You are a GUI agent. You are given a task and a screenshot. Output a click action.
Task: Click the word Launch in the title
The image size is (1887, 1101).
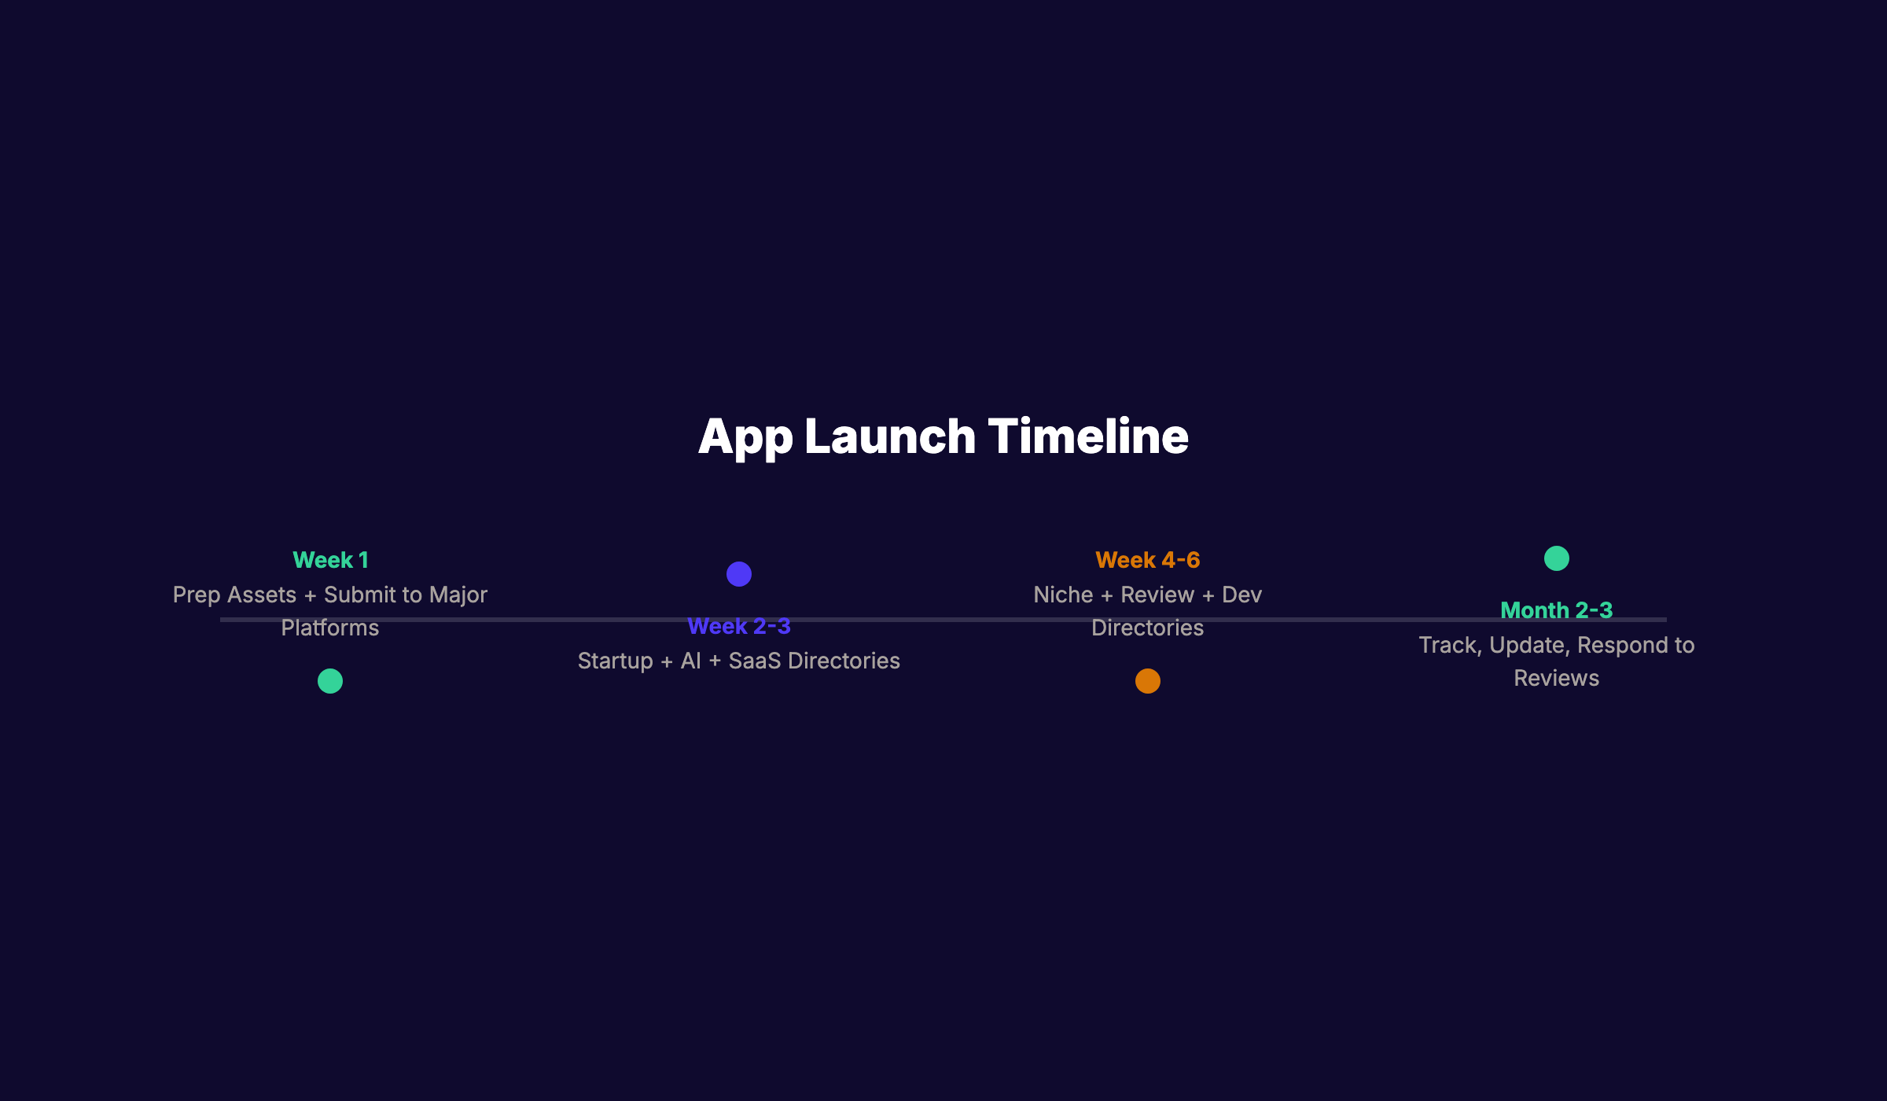pos(889,436)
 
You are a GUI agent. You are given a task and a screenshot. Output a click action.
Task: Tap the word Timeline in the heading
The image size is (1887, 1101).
pos(1088,436)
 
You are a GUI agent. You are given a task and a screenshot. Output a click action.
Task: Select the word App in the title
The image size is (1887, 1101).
pos(745,438)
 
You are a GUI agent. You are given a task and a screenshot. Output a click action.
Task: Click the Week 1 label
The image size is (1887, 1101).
pos(330,560)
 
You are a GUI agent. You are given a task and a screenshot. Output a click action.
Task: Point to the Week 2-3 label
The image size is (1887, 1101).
pos(738,626)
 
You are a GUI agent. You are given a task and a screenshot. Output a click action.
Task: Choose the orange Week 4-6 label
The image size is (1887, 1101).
pos(1147,560)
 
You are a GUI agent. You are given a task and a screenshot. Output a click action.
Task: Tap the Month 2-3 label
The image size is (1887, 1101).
pos(1556,610)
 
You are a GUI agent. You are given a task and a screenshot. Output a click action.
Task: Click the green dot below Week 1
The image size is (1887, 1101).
pos(330,681)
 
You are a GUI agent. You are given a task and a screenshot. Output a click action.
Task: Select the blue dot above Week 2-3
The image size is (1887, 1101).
pos(739,574)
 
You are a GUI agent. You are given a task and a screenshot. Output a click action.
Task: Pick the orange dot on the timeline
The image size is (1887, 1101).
pos(1148,681)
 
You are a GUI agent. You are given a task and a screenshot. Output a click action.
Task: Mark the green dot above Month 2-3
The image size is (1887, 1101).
pos(1557,558)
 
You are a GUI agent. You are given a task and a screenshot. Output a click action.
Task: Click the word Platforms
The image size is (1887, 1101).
pos(330,628)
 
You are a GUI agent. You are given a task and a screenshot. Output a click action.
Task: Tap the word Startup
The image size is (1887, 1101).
pos(615,661)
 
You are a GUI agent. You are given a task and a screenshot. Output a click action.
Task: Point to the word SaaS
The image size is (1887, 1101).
pos(754,661)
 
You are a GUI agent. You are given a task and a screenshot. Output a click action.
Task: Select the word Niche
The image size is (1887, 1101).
pos(1063,595)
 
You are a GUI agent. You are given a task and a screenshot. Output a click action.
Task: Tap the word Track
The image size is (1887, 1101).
pos(1449,646)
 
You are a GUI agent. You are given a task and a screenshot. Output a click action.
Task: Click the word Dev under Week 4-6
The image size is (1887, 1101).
pos(1241,595)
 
